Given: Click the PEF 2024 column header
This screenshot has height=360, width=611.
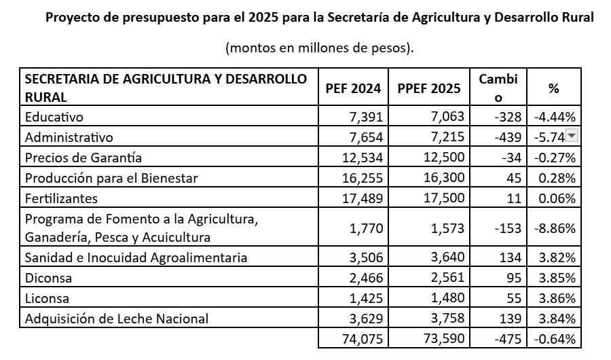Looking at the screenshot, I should (353, 88).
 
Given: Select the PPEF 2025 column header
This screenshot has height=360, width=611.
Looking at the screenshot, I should (428, 88).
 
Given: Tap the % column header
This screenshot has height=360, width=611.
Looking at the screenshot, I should (553, 88).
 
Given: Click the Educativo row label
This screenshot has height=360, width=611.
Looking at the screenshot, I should (54, 117).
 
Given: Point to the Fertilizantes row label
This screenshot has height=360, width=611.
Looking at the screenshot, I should (62, 198).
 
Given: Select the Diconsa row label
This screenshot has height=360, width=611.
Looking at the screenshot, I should (49, 278).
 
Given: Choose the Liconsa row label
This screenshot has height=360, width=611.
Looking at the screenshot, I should (48, 298).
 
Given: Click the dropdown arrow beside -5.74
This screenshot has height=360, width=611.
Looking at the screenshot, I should (572, 136).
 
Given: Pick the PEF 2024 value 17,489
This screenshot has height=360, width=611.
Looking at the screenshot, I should (364, 198).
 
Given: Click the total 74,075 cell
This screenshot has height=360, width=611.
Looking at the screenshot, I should (364, 339).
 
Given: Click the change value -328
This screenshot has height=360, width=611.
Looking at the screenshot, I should (508, 117).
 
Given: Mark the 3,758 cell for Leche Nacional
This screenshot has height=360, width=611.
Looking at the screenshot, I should (449, 319).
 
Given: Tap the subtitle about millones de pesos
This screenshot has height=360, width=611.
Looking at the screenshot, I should (319, 48).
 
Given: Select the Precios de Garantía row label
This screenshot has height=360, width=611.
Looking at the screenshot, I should (84, 158).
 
